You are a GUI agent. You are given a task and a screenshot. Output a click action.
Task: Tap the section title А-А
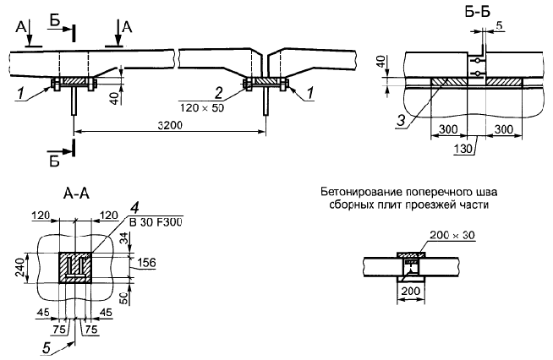click(x=75, y=193)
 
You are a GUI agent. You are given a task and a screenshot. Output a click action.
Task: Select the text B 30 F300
click(x=157, y=221)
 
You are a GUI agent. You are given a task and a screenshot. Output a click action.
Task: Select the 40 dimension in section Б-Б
click(x=381, y=64)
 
